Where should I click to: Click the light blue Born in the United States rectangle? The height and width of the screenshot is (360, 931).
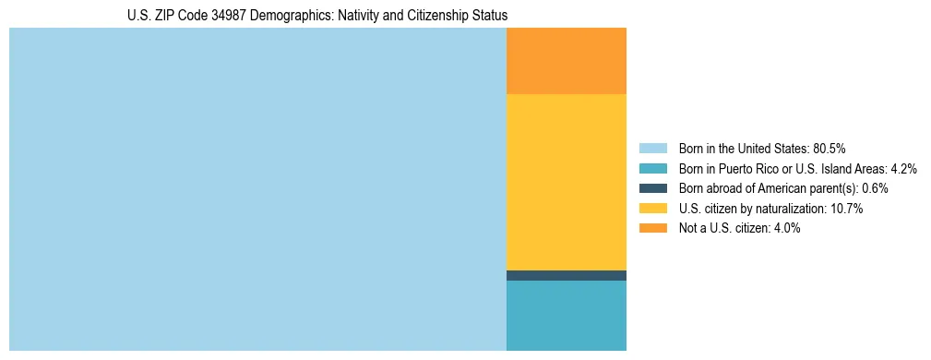tap(257, 189)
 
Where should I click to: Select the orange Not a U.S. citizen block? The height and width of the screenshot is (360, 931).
tap(567, 61)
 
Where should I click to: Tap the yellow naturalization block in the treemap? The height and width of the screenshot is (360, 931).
tap(567, 182)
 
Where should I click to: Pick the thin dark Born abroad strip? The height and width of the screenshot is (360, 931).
tap(567, 275)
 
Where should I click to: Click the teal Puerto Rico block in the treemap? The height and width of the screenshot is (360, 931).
tap(567, 316)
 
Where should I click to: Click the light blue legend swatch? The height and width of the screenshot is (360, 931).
tap(653, 148)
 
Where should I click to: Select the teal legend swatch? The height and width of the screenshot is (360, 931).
tap(653, 168)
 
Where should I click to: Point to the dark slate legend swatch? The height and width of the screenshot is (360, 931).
tap(653, 188)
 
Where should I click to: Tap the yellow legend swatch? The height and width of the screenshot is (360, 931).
tap(653, 209)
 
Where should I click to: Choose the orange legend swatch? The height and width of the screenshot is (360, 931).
tap(653, 228)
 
